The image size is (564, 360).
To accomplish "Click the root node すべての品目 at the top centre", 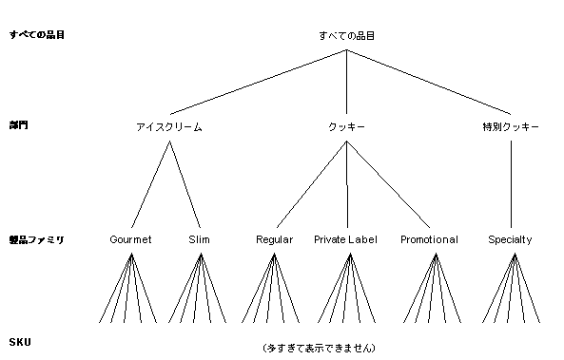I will coord(347,35).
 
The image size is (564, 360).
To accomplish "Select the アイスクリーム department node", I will coord(169,126).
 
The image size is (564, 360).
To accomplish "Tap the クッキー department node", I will coord(347,126).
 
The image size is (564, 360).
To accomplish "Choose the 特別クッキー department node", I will coord(511,126).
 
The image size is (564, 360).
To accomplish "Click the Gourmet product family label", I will coord(131,239).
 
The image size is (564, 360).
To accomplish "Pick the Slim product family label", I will coord(200,239).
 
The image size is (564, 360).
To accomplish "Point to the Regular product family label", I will coord(275,239).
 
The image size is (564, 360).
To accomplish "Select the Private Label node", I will coord(345,239).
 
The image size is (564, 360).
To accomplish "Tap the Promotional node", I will coord(429,239).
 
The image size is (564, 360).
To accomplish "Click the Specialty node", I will coord(510,239).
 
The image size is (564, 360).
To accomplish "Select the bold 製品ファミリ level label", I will coord(36,240).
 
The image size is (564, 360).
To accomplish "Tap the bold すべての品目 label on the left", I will coord(36,35).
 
